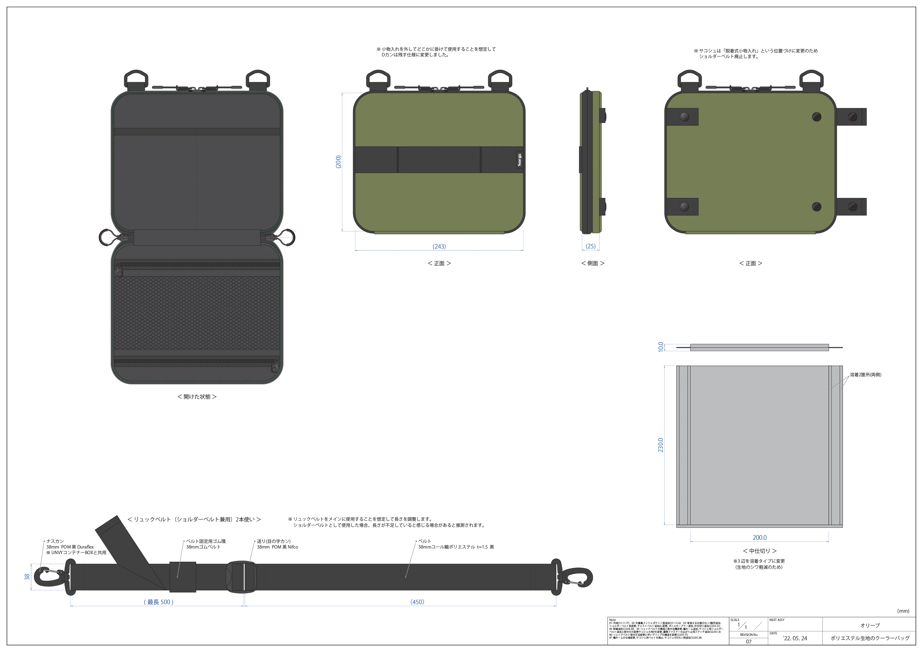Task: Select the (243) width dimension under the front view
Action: point(439,247)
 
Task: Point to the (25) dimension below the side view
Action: point(591,245)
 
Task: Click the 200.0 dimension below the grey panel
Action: point(759,538)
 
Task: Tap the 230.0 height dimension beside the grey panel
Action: point(661,445)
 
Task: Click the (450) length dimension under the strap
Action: point(417,601)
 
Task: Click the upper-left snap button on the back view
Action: point(684,117)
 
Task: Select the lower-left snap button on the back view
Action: point(684,207)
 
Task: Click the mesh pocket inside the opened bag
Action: point(197,313)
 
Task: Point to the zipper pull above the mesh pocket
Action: point(119,270)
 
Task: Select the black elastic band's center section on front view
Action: point(439,160)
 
